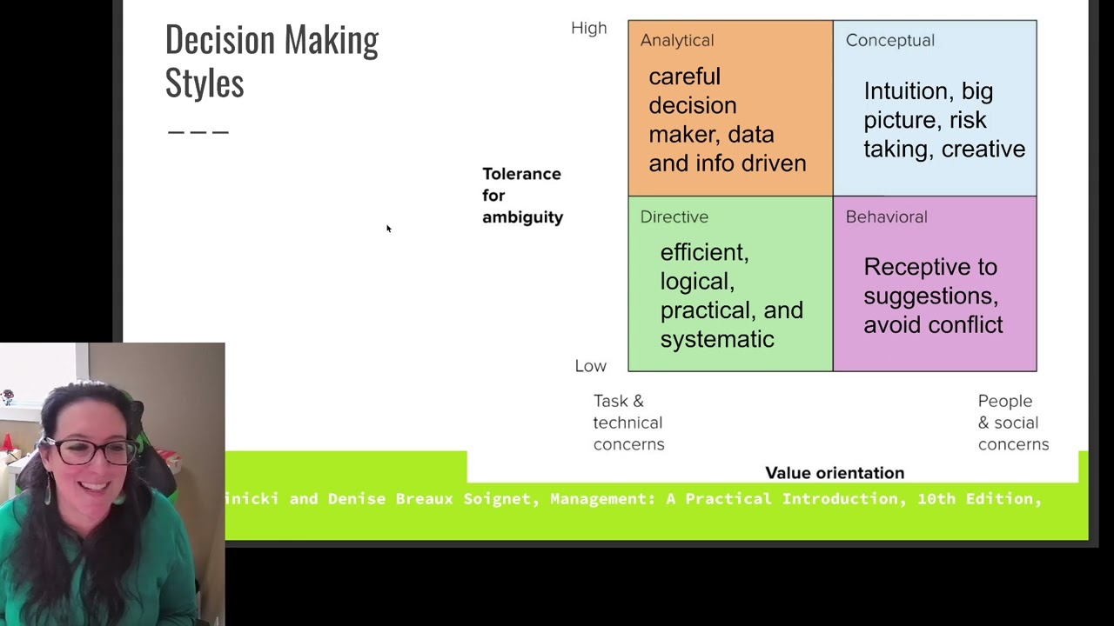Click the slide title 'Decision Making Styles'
[x=271, y=61]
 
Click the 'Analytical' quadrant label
[x=676, y=41]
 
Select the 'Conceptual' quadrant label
[x=889, y=41]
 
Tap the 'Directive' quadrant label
[x=674, y=217]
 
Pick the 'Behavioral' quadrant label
[x=886, y=217]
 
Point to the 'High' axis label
[x=588, y=29]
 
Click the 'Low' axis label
[x=590, y=366]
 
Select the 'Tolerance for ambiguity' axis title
[x=522, y=196]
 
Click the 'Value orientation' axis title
[x=834, y=473]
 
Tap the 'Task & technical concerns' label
[x=628, y=423]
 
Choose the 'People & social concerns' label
[x=1012, y=423]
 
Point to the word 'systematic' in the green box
[x=716, y=339]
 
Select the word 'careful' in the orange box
[x=684, y=77]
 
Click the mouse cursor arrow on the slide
[x=388, y=229]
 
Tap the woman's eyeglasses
[x=97, y=451]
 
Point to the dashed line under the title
[x=198, y=132]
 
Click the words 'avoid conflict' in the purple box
[x=932, y=325]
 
